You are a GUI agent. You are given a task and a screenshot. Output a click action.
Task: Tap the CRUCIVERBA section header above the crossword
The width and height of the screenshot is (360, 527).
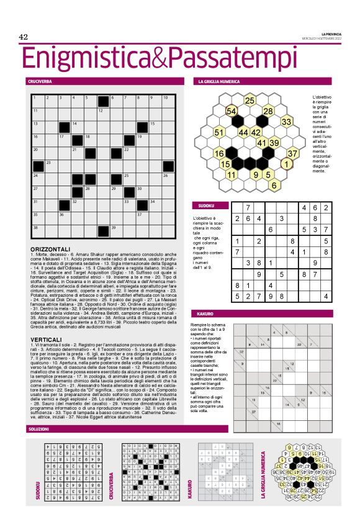point(39,81)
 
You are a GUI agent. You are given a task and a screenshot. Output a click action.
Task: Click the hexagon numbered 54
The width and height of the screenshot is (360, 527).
point(231,110)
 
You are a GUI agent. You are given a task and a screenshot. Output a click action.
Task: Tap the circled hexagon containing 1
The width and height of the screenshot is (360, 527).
point(286,164)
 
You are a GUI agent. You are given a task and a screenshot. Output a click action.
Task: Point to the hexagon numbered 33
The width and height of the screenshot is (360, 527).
point(286,122)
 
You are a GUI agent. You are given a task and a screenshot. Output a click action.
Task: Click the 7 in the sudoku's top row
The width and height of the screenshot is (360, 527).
point(248,208)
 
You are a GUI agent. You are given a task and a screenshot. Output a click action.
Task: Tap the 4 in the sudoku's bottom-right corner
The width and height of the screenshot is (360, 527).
point(325,297)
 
